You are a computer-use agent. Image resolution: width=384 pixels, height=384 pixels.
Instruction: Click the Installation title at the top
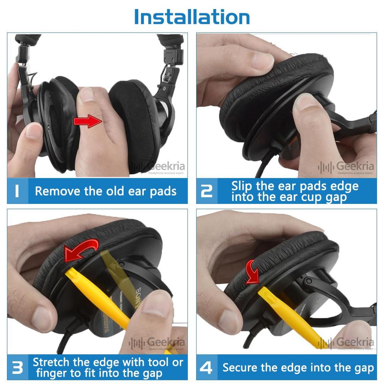pyautogui.click(x=192, y=16)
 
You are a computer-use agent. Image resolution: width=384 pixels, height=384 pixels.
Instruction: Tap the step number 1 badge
pyautogui.click(x=17, y=191)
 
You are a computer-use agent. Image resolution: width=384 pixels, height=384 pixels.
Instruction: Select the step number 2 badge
pyautogui.click(x=207, y=191)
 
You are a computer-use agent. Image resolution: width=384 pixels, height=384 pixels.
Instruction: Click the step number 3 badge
pyautogui.click(x=17, y=367)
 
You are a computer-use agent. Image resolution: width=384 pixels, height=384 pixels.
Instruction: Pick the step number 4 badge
pyautogui.click(x=206, y=367)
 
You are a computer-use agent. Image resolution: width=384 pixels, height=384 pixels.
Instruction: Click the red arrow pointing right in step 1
pyautogui.click(x=87, y=121)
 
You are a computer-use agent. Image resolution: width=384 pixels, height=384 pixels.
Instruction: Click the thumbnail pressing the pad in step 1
pyautogui.click(x=87, y=94)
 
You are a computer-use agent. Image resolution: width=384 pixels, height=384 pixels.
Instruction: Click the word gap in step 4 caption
pyautogui.click(x=362, y=368)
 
